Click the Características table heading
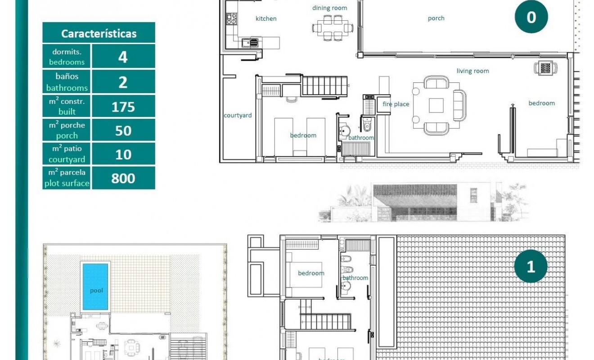click(99, 33)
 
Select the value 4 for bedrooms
click(123, 57)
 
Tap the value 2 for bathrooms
click(123, 82)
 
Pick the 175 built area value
click(123, 107)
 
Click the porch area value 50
click(123, 130)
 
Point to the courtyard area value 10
click(123, 154)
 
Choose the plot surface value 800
click(123, 178)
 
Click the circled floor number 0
click(531, 17)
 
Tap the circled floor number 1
click(531, 266)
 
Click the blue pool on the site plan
click(95, 287)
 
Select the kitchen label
click(266, 18)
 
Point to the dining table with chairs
click(333, 27)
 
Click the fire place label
click(396, 104)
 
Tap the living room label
click(472, 71)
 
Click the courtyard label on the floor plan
click(238, 115)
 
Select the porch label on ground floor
click(436, 18)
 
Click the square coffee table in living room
click(436, 105)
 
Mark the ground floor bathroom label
click(361, 138)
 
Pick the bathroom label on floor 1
click(355, 278)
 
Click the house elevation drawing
click(423, 202)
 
